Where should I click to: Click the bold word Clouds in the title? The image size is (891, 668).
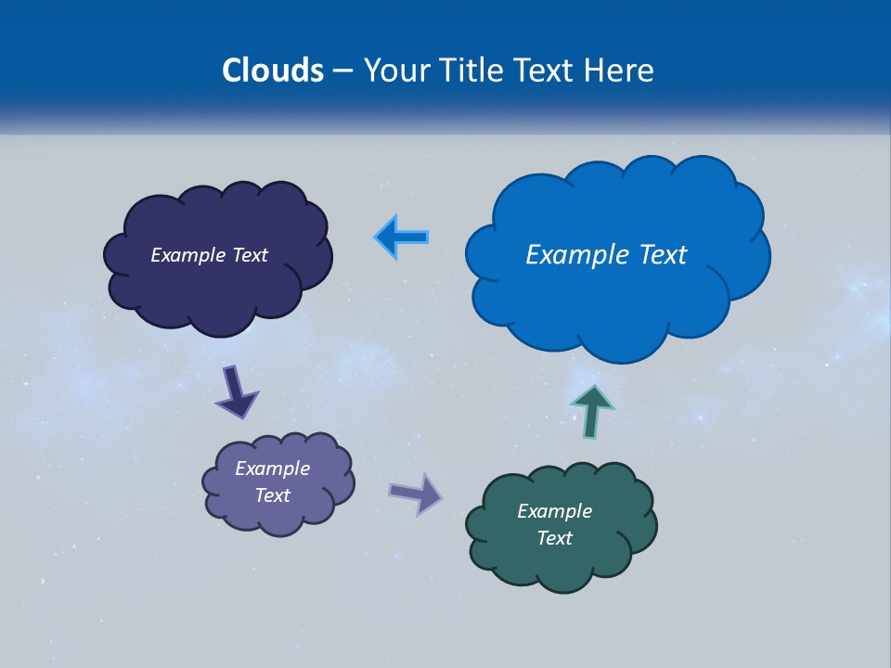point(273,71)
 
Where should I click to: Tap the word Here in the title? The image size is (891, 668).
point(620,71)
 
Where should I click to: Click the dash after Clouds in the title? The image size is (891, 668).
point(342,71)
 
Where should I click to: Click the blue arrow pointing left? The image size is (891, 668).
point(402,237)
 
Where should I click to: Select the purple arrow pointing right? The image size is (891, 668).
point(416,494)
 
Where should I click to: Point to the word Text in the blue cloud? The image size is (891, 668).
point(656,255)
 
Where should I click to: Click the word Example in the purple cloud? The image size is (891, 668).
point(272,469)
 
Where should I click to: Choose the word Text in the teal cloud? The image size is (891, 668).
point(554,538)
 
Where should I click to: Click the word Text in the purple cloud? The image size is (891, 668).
point(272,495)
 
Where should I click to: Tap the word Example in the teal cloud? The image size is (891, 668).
point(554,511)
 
